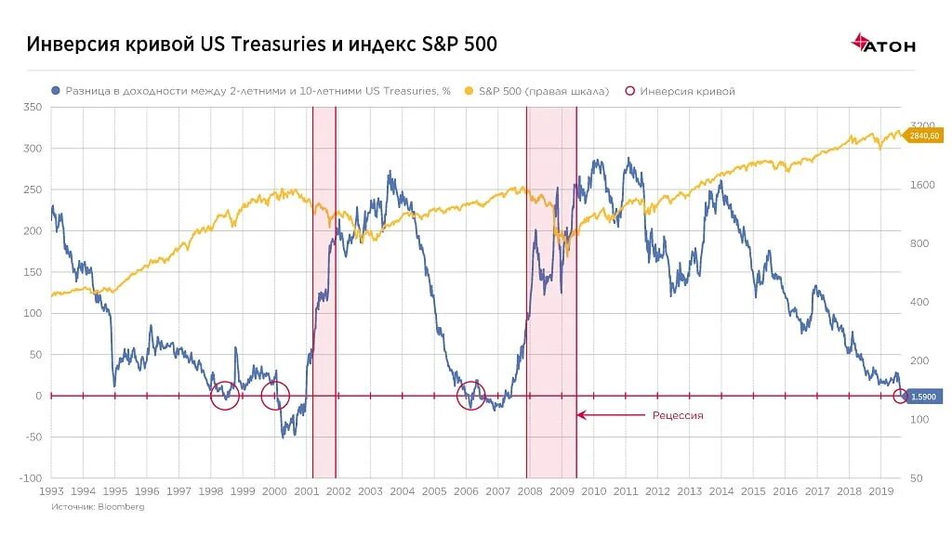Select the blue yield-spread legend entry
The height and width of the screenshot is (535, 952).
click(x=251, y=91)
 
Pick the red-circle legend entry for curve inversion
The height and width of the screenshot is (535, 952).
click(x=681, y=91)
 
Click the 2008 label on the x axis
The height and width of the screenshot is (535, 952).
click(x=530, y=491)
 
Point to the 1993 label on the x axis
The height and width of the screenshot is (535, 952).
click(x=51, y=491)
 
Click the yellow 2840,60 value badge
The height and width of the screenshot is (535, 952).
click(x=924, y=136)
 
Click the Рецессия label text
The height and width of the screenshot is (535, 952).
click(x=678, y=415)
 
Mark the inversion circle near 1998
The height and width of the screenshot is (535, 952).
click(x=224, y=396)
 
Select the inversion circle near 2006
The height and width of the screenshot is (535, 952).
click(x=471, y=396)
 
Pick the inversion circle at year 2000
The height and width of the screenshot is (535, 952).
click(x=275, y=396)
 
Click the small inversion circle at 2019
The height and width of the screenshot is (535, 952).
click(x=900, y=397)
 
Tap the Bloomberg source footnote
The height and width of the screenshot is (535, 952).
click(x=98, y=507)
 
